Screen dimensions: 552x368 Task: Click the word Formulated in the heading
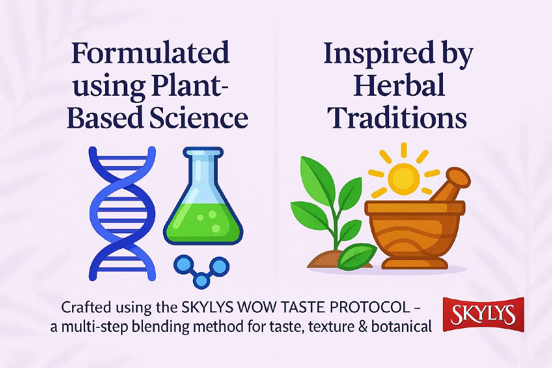150,53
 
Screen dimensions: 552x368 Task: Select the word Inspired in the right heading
379,53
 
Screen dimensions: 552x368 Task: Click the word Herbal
399,85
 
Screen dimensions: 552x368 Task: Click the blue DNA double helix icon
122,213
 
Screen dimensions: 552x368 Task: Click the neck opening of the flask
203,151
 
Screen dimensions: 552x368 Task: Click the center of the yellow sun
403,178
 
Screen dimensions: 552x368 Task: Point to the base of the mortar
414,264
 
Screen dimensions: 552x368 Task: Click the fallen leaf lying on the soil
357,256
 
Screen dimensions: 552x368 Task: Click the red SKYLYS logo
483,315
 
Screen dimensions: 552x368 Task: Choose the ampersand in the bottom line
361,327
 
